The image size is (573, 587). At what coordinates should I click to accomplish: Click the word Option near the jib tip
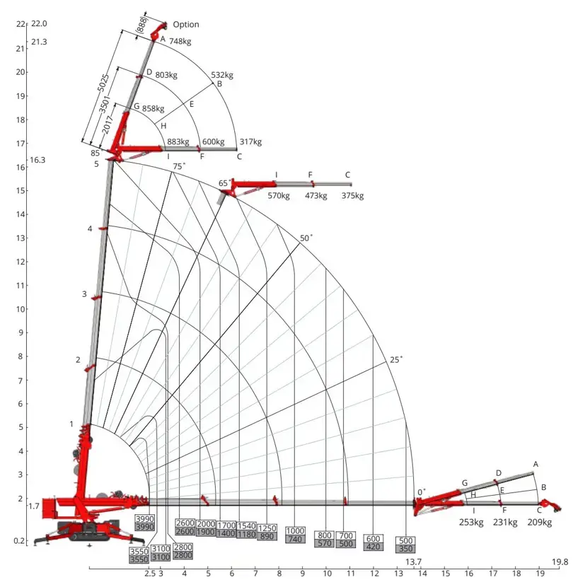[186, 25]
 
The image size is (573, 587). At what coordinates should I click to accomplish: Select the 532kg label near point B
[222, 75]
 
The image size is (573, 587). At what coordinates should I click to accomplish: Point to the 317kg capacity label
[250, 142]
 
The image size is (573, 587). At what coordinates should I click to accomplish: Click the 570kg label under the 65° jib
[279, 196]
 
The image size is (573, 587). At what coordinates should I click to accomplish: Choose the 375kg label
[353, 196]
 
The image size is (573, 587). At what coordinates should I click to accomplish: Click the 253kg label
[470, 523]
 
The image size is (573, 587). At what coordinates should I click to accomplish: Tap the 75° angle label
[180, 166]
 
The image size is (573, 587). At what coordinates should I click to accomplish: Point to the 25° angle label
[395, 359]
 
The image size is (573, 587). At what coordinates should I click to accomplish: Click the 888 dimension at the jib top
[141, 25]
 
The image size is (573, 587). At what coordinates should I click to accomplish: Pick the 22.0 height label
[38, 23]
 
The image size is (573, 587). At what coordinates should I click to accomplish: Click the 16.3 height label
[37, 161]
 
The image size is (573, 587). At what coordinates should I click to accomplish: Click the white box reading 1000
[295, 531]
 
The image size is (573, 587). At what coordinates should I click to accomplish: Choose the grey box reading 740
[295, 540]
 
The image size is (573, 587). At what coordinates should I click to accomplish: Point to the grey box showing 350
[406, 549]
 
